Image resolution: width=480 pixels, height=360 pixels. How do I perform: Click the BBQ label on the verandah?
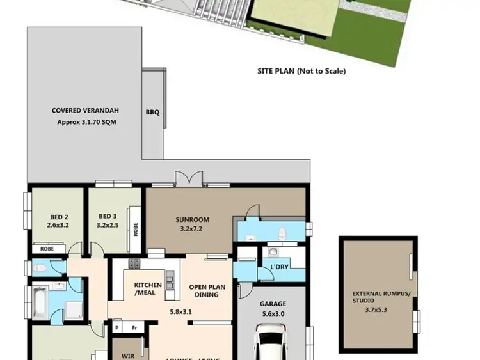pos(152,113)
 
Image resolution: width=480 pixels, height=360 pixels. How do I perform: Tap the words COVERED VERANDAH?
pos(86,111)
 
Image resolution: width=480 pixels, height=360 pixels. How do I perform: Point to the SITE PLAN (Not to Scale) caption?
pos(301,71)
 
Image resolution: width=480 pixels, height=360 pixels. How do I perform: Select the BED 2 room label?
pos(58,216)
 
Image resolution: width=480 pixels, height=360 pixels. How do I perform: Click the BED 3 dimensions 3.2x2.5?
pos(107,225)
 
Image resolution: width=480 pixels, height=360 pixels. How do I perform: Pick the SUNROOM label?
pos(192,220)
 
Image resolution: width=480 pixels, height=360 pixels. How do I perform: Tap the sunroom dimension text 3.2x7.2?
pos(192,228)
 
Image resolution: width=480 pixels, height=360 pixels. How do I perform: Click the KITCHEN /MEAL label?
pos(147,289)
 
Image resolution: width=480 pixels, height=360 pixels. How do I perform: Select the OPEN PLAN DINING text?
pos(208,291)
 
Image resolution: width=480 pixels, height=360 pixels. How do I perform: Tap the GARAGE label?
pos(273,304)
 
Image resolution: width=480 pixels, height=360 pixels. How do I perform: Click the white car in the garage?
pos(273,342)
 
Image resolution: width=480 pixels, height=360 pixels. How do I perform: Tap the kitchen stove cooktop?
pos(135,263)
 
